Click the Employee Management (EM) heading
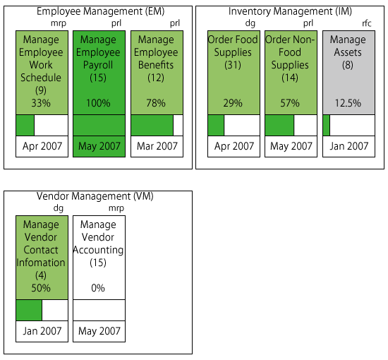coord(100,11)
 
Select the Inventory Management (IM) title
coord(290,11)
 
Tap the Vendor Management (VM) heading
coord(95,196)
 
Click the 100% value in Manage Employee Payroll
coord(98,103)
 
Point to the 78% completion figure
coord(156,103)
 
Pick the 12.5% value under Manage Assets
coord(348,103)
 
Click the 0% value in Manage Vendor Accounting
coord(98,288)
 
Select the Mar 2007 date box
coord(157,146)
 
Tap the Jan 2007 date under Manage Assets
coord(349,146)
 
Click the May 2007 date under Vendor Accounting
coord(99,331)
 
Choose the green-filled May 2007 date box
coord(99,146)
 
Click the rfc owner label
coord(367,23)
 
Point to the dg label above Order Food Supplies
coord(250,23)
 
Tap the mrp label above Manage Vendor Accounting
coord(116,208)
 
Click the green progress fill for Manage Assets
coord(327,125)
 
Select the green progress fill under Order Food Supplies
coord(216,125)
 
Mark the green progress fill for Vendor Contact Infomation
coord(29,310)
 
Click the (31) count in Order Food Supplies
coord(233,65)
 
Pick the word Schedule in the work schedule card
coord(41,78)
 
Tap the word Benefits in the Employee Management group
coord(156,65)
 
